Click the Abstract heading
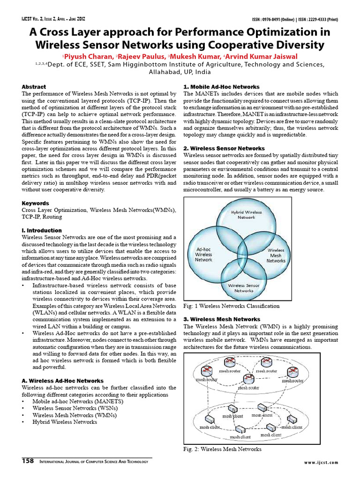coord(34,87)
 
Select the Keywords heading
coord(35,203)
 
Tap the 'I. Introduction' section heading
coord(42,231)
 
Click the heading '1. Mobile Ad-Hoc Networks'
coord(221,87)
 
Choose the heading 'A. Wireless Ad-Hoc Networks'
coord(62,381)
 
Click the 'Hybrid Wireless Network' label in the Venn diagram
coord(247,215)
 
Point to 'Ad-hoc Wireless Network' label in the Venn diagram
coord(203,254)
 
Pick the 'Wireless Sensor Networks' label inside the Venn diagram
coord(244,288)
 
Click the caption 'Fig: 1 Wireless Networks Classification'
coord(231,306)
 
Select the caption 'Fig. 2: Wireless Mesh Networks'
coord(222,449)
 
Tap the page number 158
coord(28,461)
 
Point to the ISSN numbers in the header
coord(295,20)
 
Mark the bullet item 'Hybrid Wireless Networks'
coord(65,422)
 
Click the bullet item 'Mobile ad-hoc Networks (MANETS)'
coord(71,401)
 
